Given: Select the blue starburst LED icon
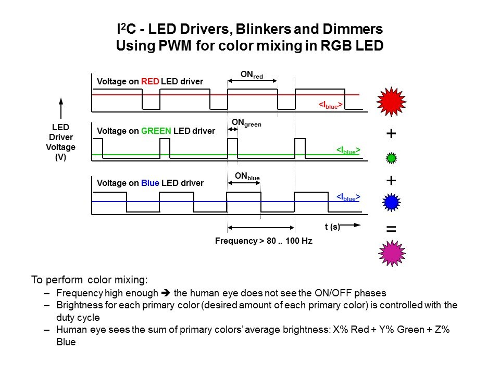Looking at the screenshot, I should pos(391,202).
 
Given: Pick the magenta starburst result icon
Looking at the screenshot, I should pos(392,253).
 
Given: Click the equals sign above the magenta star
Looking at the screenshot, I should pos(391,229).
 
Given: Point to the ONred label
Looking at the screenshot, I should pos(252,76).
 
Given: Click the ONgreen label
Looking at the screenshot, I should pos(246,123).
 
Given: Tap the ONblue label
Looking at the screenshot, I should pos(247,177).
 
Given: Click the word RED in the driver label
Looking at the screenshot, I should pos(150,82).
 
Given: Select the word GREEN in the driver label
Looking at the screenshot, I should pos(156,131).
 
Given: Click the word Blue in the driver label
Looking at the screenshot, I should pos(150,183).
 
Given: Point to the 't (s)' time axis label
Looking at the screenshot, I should pos(332,227).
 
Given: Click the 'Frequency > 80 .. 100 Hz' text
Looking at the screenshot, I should pos(264,242).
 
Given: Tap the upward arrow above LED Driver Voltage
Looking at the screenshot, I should pos(61,108).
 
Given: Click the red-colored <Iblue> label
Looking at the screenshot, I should pos(331,105).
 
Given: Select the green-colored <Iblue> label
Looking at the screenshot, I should pos(348,151).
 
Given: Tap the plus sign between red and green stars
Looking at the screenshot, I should pos(391,134).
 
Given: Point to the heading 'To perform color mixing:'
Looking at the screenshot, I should pos(90,280).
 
